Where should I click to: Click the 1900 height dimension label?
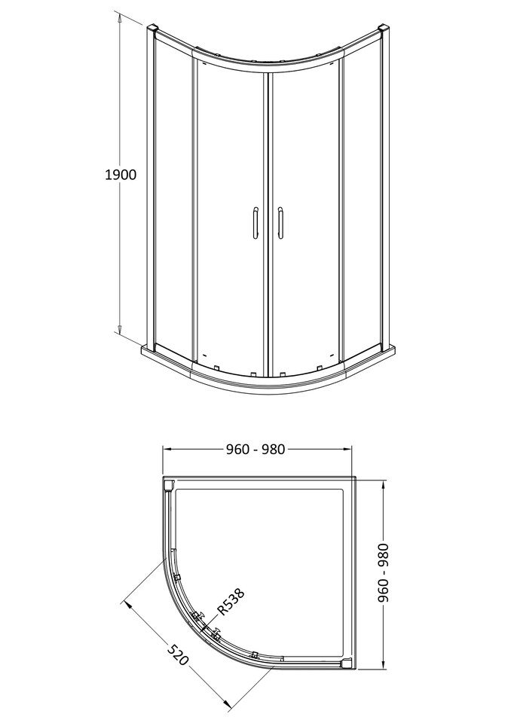point(120,175)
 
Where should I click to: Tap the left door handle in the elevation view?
point(255,224)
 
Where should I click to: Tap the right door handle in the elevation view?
point(280,224)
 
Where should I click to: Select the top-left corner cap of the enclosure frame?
point(153,30)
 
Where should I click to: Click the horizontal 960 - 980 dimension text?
point(255,449)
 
